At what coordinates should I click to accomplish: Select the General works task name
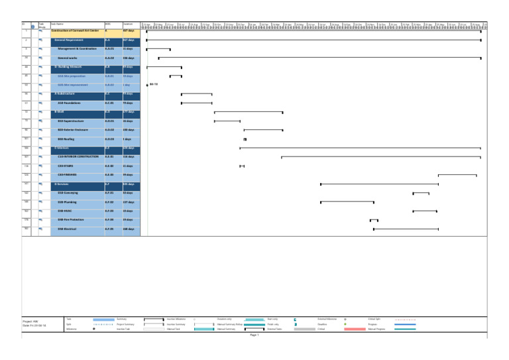pyautogui.click(x=68, y=58)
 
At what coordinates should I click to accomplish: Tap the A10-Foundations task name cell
pyautogui.click(x=69, y=103)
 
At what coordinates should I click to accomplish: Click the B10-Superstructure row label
pyautogui.click(x=72, y=121)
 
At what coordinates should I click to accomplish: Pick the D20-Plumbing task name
pyautogui.click(x=67, y=202)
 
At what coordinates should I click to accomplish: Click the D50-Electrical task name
pyautogui.click(x=67, y=229)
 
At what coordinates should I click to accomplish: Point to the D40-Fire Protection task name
pyautogui.click(x=72, y=219)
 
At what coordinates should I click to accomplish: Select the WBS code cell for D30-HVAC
pyautogui.click(x=113, y=211)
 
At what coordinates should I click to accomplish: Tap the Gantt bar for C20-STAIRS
pyautogui.click(x=242, y=166)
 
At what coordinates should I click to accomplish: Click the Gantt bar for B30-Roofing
pyautogui.click(x=245, y=139)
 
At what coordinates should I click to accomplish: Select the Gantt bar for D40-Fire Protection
pyautogui.click(x=374, y=219)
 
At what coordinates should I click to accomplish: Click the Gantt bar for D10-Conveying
pyautogui.click(x=421, y=193)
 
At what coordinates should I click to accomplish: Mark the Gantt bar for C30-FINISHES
pyautogui.click(x=457, y=175)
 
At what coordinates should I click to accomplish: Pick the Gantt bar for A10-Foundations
pyautogui.click(x=197, y=103)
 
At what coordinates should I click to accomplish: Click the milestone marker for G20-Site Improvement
pyautogui.click(x=147, y=86)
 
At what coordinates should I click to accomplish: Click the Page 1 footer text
pyautogui.click(x=254, y=335)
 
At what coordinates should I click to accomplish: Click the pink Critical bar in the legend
pyautogui.click(x=355, y=329)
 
